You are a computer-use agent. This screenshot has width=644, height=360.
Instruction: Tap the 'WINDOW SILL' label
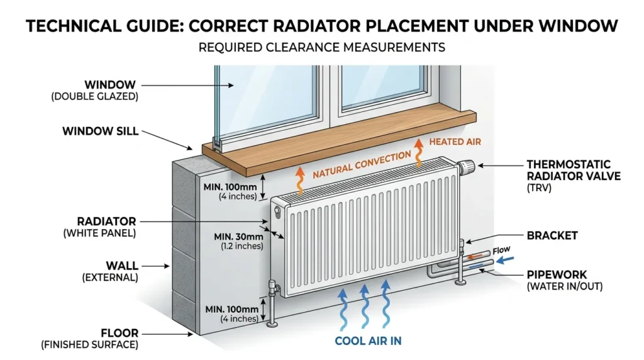click(x=100, y=131)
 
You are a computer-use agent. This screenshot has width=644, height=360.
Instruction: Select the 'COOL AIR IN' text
click(x=368, y=340)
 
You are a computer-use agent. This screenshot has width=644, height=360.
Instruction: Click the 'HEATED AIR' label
click(x=455, y=142)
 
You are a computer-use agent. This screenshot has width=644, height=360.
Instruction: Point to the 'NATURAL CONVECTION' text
click(x=362, y=164)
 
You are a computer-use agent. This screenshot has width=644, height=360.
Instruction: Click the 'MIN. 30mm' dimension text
click(x=238, y=237)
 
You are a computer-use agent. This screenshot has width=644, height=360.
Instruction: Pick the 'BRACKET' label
click(x=552, y=235)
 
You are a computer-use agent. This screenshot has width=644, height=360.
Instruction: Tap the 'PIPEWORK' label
click(x=557, y=274)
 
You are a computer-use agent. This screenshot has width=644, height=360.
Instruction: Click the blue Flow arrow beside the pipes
click(x=505, y=260)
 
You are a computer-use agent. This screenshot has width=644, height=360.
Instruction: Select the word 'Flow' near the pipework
click(x=501, y=250)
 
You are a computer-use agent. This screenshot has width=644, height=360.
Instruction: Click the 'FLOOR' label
click(x=120, y=333)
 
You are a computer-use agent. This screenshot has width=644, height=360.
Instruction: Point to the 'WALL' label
click(x=122, y=266)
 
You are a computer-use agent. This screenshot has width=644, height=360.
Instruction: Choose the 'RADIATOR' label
click(x=106, y=221)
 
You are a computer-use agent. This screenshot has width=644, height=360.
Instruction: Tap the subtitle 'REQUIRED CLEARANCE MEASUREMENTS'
click(x=321, y=47)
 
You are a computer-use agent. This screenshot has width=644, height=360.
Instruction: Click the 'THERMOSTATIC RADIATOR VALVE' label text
click(x=574, y=170)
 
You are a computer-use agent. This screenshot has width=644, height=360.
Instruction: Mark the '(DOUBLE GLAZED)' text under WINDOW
click(x=94, y=96)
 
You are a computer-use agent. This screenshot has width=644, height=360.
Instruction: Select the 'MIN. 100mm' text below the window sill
click(x=230, y=187)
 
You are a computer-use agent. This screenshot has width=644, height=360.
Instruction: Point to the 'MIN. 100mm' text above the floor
click(x=232, y=309)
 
